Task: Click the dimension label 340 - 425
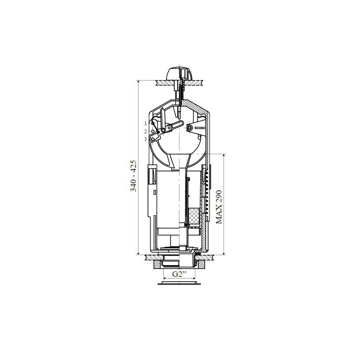point(133,176)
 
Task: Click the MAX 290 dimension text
point(219,207)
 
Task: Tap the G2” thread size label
point(179,274)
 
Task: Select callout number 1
point(145,123)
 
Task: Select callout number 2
point(145,131)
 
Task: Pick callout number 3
point(145,139)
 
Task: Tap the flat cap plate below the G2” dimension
point(179,283)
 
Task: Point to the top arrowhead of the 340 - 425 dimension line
point(138,81)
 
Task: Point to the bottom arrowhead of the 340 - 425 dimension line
point(138,253)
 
